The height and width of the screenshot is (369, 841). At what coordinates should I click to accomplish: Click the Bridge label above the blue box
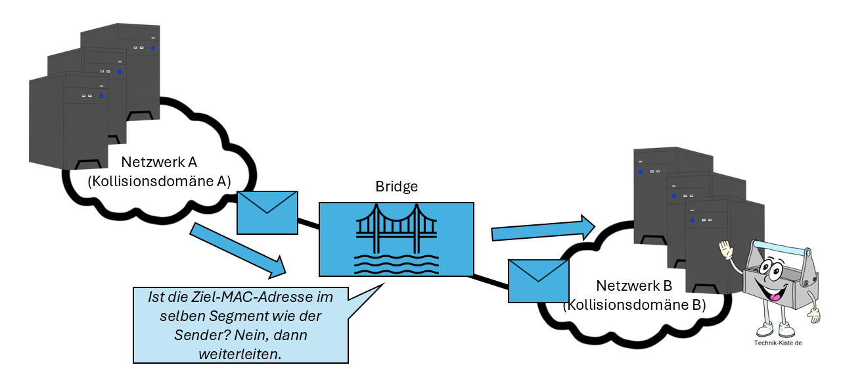pyautogui.click(x=396, y=187)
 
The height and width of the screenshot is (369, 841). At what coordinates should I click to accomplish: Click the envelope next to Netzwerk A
pyautogui.click(x=267, y=212)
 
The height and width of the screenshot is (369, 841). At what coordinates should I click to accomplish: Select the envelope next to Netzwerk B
pyautogui.click(x=539, y=281)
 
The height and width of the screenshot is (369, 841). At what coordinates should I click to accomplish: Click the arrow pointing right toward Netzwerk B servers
pyautogui.click(x=543, y=228)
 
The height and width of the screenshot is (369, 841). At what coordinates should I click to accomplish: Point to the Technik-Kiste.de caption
pyautogui.click(x=778, y=343)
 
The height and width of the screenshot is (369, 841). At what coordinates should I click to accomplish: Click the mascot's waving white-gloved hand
pyautogui.click(x=726, y=251)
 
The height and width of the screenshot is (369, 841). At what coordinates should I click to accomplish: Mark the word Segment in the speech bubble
pyautogui.click(x=233, y=316)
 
